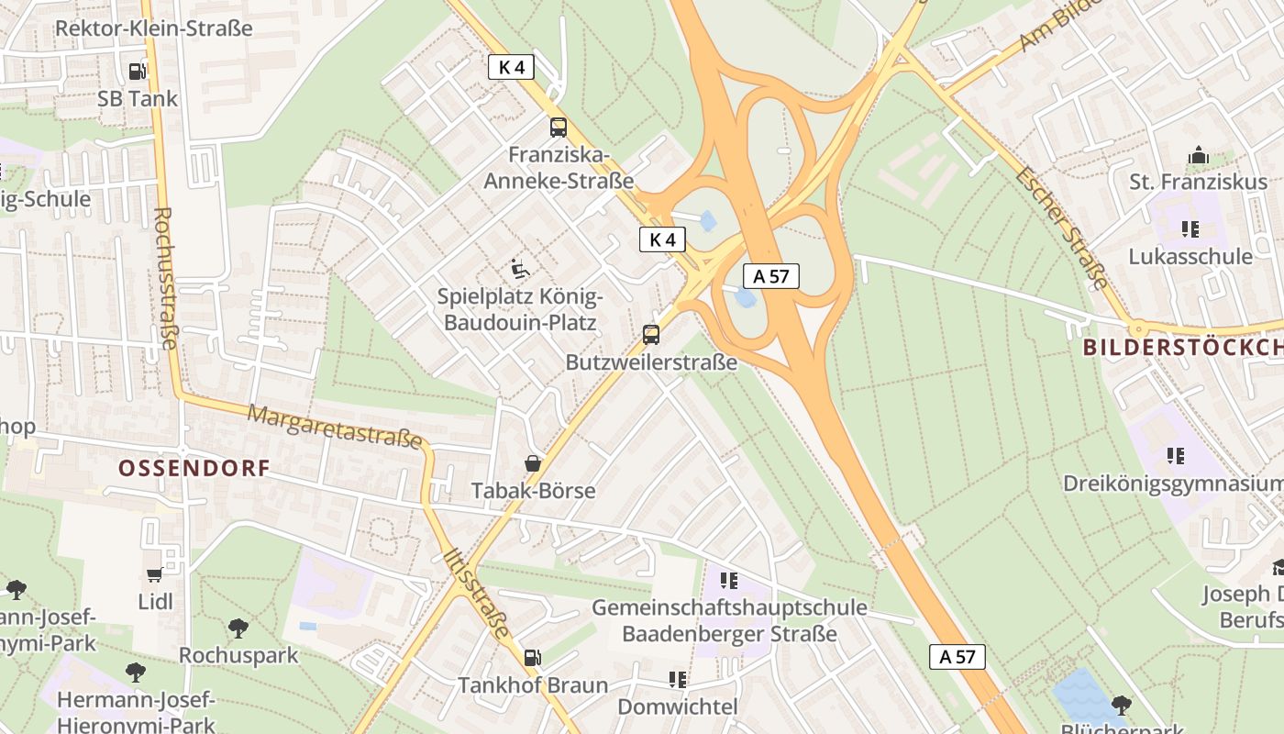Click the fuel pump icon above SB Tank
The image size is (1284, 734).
[137, 71]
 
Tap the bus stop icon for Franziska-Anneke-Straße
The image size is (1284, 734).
[559, 128]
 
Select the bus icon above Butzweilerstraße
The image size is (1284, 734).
[651, 335]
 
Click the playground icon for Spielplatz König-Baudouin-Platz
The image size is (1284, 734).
[520, 269]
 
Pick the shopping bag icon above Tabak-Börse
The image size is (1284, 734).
[533, 464]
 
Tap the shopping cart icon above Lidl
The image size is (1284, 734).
[154, 575]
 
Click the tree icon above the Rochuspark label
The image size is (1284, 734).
[238, 628]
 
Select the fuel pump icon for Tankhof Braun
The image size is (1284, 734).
[532, 658]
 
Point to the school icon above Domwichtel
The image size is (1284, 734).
[678, 680]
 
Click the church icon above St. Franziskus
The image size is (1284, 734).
[1198, 156]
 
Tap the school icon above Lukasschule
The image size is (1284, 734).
[1190, 229]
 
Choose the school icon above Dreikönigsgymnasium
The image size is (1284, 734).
[1176, 456]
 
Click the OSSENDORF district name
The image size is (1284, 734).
[194, 469]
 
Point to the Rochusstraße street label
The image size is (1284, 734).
[165, 279]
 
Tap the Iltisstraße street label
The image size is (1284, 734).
[476, 594]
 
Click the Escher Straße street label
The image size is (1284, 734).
[1062, 228]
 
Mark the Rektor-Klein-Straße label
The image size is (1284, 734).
[154, 28]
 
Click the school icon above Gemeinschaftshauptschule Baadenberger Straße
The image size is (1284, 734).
[729, 580]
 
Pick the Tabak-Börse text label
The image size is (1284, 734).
[533, 491]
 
